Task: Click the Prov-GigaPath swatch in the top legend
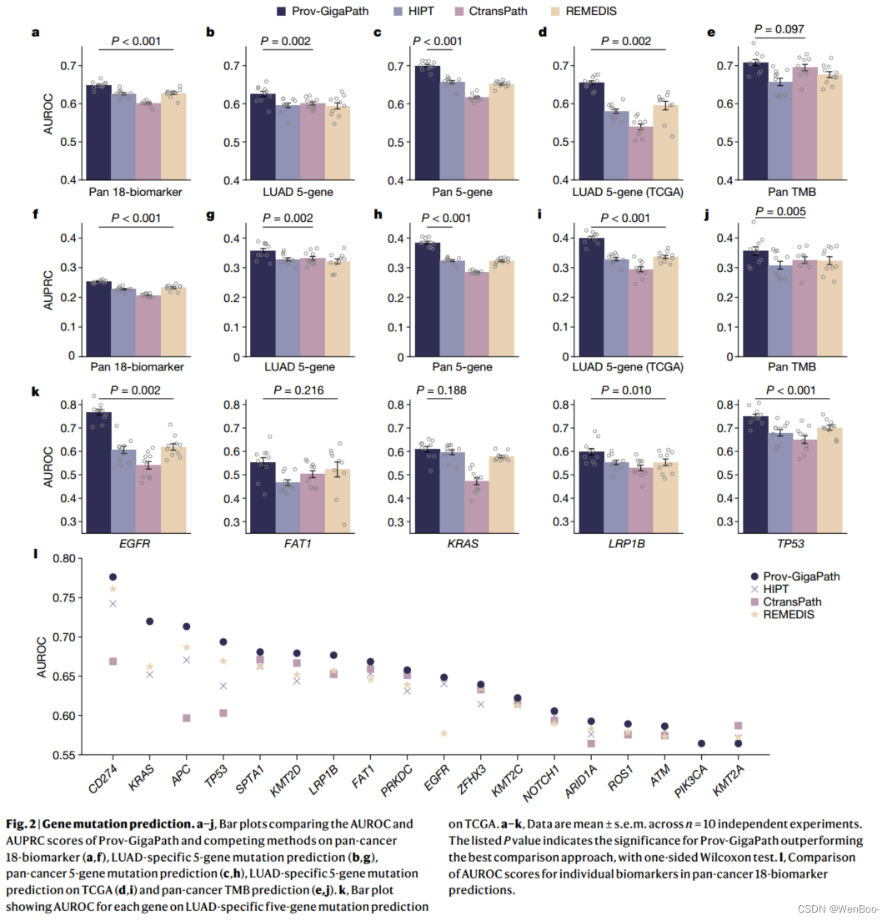click(283, 11)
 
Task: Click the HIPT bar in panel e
click(779, 130)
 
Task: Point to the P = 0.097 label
click(779, 29)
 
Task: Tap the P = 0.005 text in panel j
click(779, 212)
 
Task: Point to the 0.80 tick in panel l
click(61, 558)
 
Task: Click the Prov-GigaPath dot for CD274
click(113, 576)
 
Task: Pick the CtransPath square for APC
click(187, 718)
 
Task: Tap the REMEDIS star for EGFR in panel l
click(443, 733)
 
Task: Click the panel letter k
click(35, 390)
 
